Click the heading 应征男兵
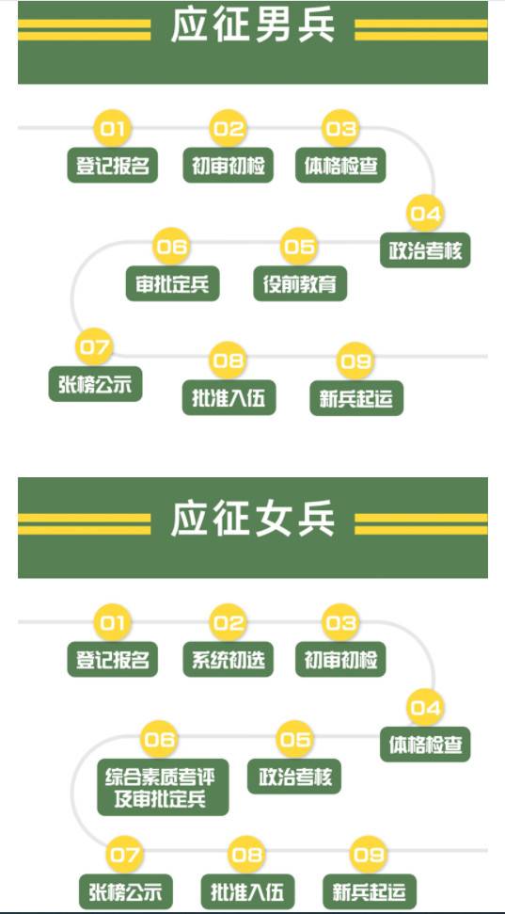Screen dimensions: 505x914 253,25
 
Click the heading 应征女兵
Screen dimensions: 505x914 253,519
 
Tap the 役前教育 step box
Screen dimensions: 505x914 300,284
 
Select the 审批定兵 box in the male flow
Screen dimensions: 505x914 172,284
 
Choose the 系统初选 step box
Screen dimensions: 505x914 228,659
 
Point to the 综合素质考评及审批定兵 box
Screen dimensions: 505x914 163,787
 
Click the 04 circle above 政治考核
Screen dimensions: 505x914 425,214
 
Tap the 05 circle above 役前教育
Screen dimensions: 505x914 299,246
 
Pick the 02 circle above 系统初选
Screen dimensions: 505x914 228,622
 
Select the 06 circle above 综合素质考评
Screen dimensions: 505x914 160,739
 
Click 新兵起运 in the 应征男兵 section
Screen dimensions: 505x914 356,398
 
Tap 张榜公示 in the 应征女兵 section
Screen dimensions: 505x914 126,891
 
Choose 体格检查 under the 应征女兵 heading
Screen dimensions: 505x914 425,745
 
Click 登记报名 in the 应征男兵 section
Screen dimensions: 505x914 113,166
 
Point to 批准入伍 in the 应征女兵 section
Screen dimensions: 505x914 248,891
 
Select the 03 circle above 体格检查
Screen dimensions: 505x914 340,128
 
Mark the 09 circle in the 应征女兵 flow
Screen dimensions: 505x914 369,855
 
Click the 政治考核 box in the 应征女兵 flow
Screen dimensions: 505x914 294,777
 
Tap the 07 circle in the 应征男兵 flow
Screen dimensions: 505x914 94,346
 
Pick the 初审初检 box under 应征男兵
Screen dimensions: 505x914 228,166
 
